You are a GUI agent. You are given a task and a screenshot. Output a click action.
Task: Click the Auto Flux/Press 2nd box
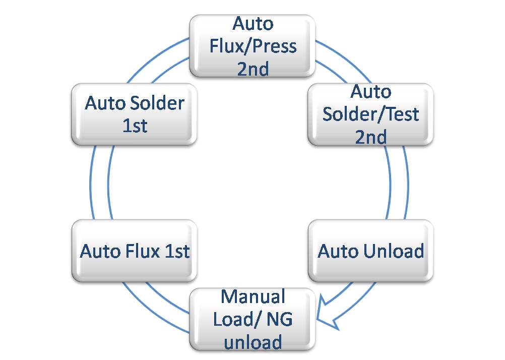coord(252,46)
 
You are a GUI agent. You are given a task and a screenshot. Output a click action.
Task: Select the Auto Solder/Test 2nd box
coord(370,114)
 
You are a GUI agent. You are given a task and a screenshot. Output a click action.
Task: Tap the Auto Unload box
coord(370,251)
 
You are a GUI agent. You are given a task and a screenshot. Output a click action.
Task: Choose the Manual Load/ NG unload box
coord(252,319)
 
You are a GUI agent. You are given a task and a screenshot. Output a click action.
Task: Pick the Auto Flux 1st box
coord(135,251)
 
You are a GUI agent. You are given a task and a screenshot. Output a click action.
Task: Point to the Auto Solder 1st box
coord(135,114)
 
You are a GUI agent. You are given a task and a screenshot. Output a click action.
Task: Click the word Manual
coord(253,296)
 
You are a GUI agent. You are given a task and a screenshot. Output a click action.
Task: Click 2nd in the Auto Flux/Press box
coord(253,69)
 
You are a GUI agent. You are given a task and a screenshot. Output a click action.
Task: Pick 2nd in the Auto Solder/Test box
coord(371,137)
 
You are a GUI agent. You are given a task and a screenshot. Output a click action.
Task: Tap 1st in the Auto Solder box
coord(135,126)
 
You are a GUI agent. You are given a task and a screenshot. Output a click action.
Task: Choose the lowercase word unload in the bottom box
coord(253,342)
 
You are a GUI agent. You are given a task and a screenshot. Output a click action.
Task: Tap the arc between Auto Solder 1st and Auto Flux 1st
coord(100,183)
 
